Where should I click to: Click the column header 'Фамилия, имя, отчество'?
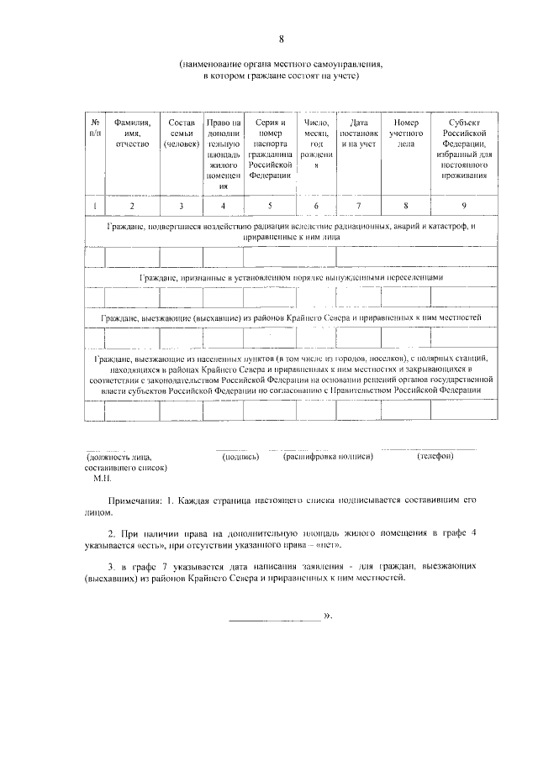tap(132, 133)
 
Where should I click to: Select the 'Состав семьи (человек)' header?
tap(182, 133)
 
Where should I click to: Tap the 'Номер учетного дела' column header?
tap(406, 133)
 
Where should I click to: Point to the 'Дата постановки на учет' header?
tap(359, 133)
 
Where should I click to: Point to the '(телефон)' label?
tap(435, 457)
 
